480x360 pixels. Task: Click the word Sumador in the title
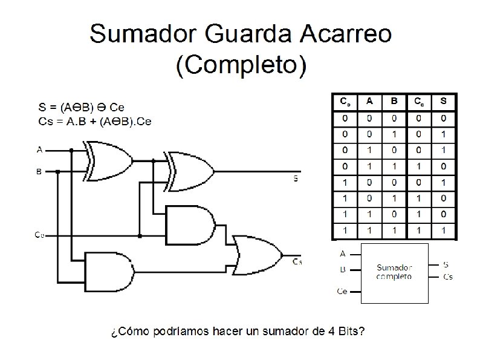(145, 35)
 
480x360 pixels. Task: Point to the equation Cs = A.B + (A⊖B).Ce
(95, 122)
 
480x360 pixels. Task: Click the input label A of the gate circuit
(39, 149)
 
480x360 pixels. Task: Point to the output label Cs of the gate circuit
(297, 262)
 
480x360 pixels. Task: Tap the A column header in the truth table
(369, 101)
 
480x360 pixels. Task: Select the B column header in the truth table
(394, 101)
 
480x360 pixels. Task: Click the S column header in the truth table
(444, 101)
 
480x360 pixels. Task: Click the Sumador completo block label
(394, 272)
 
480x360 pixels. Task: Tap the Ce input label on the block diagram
(342, 292)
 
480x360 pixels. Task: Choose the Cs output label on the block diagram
(448, 277)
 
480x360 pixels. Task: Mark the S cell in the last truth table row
(444, 230)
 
